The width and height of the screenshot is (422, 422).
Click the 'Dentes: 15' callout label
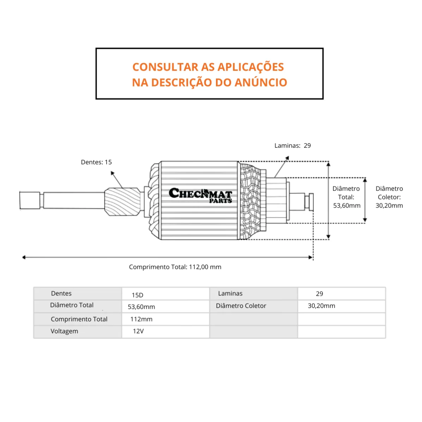pos(96,162)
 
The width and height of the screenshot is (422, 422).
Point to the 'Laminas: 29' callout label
pos(293,146)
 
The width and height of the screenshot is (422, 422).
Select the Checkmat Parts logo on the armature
pos(200,195)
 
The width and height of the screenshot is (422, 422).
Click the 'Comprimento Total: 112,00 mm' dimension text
pos(175,267)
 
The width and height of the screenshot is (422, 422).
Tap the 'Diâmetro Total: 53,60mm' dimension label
pos(347,197)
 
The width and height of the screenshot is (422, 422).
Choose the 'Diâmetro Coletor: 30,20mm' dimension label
pos(389,197)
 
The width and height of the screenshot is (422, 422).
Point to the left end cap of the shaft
pos(30,200)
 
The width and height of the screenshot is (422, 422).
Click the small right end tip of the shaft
pos(311,202)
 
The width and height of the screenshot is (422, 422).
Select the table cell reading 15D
pos(138,295)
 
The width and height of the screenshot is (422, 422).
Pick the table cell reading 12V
pos(138,331)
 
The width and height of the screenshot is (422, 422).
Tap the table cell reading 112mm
pos(141,319)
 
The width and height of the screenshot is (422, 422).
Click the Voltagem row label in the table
pos(64,331)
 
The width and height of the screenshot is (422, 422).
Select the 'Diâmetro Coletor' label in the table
pos(241,306)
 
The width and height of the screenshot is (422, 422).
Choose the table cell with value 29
pos(319,294)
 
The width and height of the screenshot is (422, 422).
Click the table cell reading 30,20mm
pos(321,306)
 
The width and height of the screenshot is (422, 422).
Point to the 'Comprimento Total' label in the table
pos(79,319)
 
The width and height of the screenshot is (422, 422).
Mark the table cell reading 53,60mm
pos(141,307)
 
